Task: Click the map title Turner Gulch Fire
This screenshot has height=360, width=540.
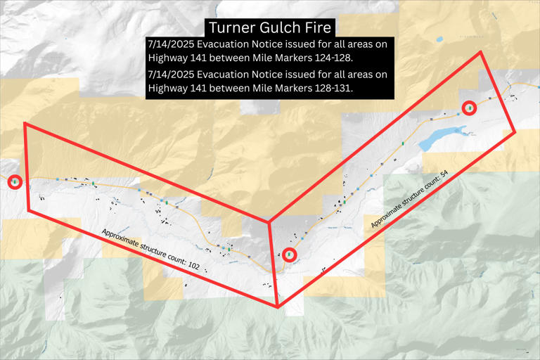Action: pos(269,27)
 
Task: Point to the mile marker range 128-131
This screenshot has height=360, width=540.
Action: pos(328,89)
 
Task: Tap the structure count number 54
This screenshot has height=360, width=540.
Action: pos(443,173)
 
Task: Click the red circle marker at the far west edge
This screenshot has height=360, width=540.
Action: pos(15,182)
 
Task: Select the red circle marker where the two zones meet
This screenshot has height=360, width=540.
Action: pos(289,255)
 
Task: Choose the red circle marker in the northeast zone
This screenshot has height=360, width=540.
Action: pos(469,108)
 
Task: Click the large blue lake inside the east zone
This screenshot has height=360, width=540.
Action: pos(440,136)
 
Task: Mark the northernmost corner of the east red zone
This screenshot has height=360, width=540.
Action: pos(481,52)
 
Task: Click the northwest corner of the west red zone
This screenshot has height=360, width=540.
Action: pos(25,124)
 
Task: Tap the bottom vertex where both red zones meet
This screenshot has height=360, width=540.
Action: pos(278,307)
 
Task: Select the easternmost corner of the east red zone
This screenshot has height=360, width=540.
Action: pos(515,132)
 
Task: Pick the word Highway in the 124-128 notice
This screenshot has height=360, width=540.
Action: pos(169,57)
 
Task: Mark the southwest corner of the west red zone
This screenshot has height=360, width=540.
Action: pos(30,210)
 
